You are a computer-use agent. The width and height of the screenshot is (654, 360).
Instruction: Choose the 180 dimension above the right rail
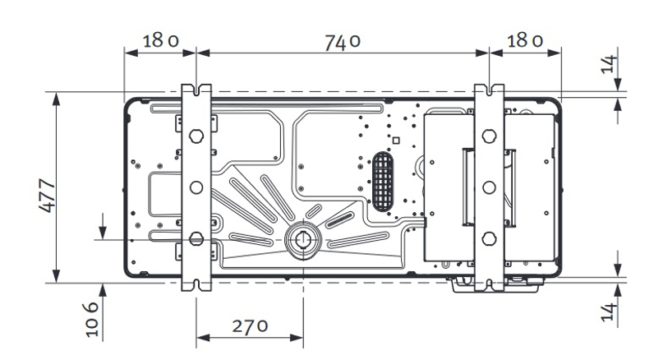pyautogui.click(x=525, y=41)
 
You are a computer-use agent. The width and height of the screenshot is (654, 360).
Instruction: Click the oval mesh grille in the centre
pyautogui.click(x=383, y=179)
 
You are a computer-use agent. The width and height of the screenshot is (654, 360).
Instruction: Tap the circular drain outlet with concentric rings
pyautogui.click(x=303, y=240)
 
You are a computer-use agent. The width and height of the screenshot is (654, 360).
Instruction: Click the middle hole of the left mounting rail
pyautogui.click(x=196, y=187)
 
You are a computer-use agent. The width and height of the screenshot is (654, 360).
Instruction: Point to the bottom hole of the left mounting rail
pyautogui.click(x=196, y=239)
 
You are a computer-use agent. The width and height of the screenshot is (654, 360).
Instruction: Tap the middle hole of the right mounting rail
pyautogui.click(x=489, y=187)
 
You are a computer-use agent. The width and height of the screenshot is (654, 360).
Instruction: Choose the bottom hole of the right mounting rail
pyautogui.click(x=489, y=239)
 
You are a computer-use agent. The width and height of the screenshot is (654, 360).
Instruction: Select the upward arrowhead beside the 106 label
pyautogui.click(x=103, y=288)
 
